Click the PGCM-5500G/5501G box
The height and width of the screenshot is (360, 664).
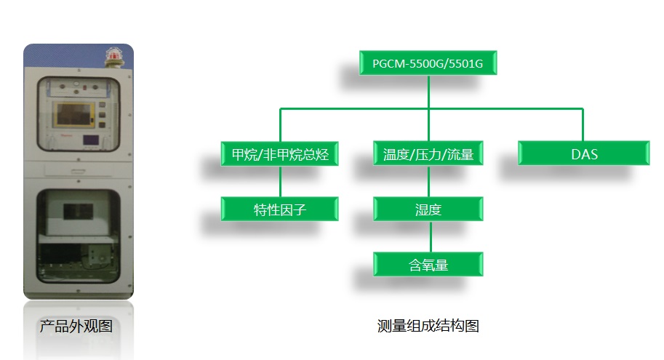pos(428,63)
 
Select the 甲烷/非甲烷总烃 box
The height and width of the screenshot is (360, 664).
pos(279,153)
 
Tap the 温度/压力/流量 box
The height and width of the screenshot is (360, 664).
pos(428,153)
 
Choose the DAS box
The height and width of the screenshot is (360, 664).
pos(583,153)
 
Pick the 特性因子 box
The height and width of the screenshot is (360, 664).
pos(279,209)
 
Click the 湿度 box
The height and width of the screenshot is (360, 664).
pos(428,209)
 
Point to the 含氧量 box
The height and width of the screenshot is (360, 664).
pos(428,264)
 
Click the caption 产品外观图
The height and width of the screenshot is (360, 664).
pos(76,326)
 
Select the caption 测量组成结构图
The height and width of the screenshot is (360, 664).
pos(428,326)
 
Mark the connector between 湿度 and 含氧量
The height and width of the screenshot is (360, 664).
pos(431,237)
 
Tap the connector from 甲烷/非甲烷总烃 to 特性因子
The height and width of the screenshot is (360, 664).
pos(280,181)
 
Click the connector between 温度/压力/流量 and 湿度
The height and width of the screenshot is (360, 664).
pos(428,181)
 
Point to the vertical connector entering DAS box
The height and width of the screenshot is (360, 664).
pos(583,125)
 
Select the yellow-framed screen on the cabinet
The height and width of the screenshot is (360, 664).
pos(73,114)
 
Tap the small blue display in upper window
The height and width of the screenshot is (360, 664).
pos(91,140)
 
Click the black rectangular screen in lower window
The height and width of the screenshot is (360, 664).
pos(78,212)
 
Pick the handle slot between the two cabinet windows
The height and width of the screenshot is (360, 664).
pos(78,172)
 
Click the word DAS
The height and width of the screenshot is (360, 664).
pos(585,154)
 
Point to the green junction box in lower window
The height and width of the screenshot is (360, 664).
pos(97,255)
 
